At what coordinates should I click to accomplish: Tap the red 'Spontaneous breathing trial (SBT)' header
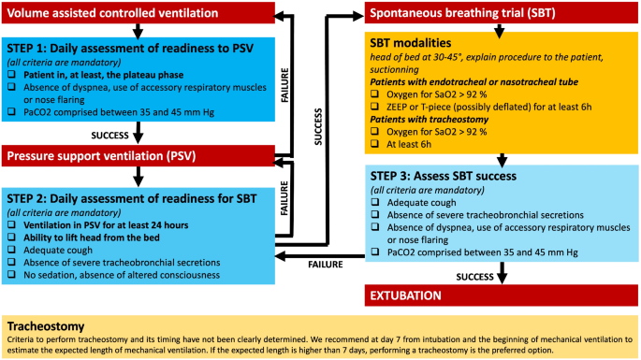[497, 14]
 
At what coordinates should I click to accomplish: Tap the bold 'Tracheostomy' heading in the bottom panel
[47, 327]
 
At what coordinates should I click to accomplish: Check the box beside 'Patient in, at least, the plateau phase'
[13, 73]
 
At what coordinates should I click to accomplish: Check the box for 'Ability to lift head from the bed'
[13, 236]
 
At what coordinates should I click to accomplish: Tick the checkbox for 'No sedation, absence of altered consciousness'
[13, 275]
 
